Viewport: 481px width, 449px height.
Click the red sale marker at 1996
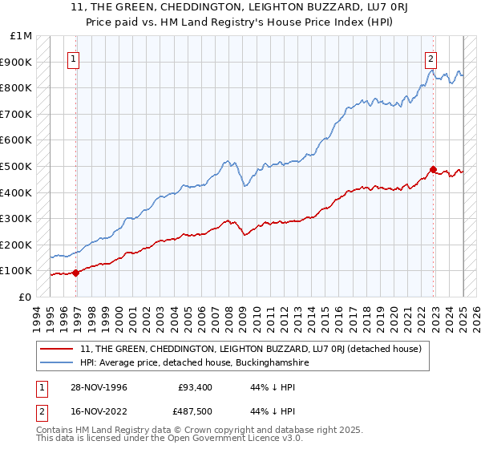pos(76,273)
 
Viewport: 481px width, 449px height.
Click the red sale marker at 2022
pos(433,169)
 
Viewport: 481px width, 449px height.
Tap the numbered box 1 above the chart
pos(73,58)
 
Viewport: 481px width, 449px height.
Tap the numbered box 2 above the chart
pos(430,58)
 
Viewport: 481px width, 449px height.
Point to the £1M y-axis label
pos(22,36)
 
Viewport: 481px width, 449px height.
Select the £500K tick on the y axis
pos(18,166)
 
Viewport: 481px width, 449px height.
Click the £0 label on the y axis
pos(24,297)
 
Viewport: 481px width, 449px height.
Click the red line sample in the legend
pos(58,348)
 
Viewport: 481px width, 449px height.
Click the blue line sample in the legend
pos(58,363)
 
